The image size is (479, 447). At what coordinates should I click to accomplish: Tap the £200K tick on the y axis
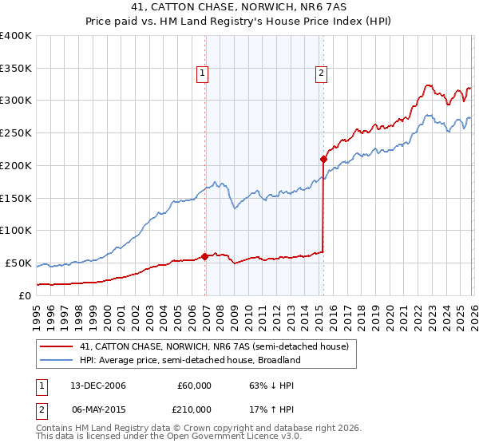point(16,165)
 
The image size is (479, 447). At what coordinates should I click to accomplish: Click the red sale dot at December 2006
point(204,256)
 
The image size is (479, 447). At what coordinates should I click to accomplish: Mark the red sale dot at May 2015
point(323,159)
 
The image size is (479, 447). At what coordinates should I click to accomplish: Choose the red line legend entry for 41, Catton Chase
point(214,347)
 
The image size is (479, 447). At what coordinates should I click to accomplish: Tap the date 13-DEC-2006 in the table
point(97,386)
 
